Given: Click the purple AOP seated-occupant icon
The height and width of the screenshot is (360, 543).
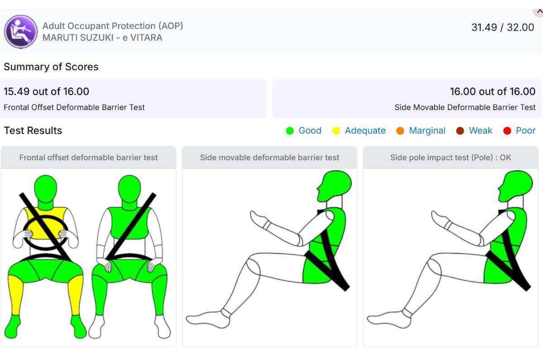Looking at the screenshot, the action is [21, 32].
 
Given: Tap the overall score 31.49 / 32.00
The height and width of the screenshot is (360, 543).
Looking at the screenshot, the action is [503, 28].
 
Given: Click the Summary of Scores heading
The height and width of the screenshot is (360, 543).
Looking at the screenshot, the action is [51, 67].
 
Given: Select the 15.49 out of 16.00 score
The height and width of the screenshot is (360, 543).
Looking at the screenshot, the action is [46, 91].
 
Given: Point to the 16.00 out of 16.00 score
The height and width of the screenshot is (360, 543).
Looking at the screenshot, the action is [493, 91].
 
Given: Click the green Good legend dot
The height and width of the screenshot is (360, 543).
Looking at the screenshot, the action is [290, 131].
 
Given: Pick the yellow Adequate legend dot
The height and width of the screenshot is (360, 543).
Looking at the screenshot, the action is [336, 131].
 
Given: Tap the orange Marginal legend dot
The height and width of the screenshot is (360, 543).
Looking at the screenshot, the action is [400, 131].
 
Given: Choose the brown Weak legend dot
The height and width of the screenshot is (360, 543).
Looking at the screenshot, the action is [460, 131].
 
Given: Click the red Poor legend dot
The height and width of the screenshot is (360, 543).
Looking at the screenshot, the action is [507, 131].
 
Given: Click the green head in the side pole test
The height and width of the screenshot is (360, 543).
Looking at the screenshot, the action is [515, 186].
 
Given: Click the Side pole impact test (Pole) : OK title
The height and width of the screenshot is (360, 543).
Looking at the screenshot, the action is [451, 158].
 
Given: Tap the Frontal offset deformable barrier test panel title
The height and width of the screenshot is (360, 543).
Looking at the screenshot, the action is [89, 158].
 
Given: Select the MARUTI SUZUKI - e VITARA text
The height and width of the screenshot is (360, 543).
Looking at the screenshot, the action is [102, 38].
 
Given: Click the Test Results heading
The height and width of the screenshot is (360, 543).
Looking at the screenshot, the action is [33, 130].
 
